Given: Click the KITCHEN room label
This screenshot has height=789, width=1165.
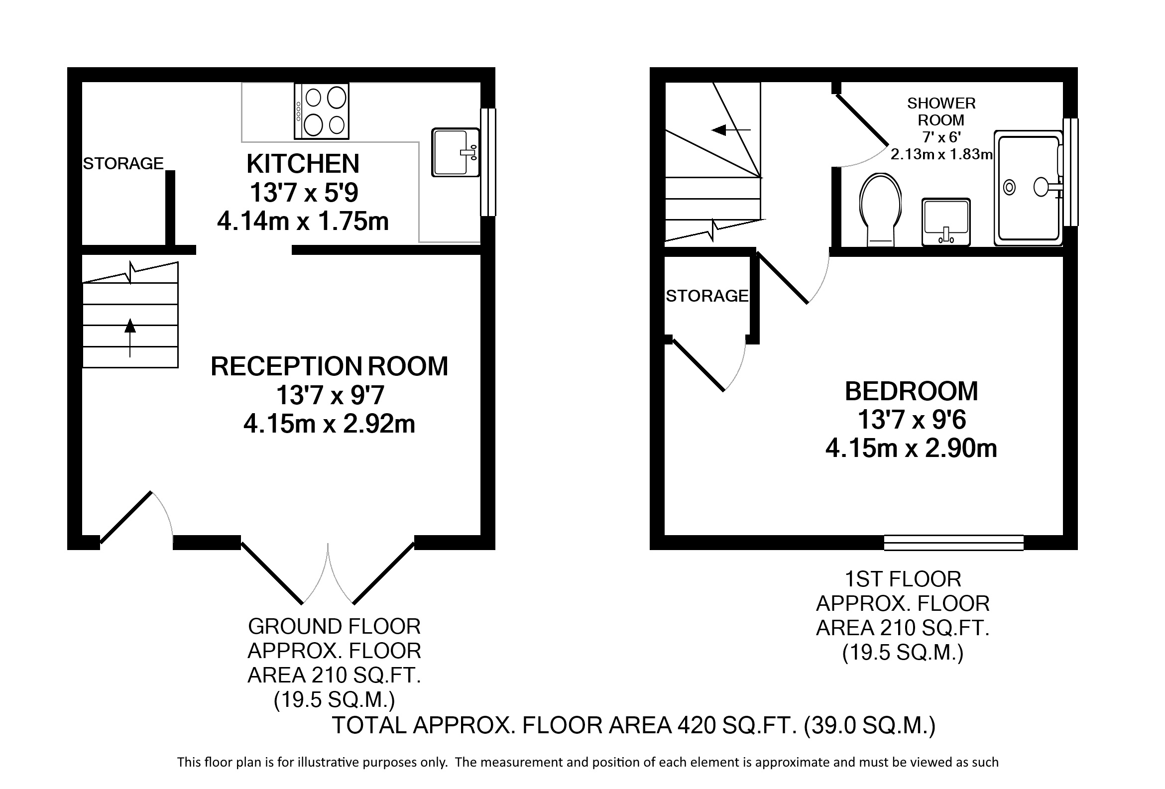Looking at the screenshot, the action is coord(303,163).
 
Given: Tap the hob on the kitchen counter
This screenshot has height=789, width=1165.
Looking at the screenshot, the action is coord(321,111).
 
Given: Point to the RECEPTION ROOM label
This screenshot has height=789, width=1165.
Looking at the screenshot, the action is coord(329,366).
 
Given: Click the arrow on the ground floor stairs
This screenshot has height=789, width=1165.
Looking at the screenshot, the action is coord(130,338).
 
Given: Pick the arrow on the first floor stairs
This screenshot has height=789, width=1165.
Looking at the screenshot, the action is coord(731,130).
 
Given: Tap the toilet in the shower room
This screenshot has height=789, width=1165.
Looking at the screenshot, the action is coord(880,210).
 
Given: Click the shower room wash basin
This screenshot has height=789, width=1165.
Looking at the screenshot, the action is coord(946,222).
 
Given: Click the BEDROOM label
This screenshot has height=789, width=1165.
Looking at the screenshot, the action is coord(912,391).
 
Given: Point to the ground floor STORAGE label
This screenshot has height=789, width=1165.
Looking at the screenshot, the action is coord(123,163).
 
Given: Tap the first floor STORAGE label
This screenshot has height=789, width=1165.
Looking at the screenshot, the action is coord(707,296).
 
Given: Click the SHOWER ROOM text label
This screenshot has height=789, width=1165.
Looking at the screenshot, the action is coord(941,112).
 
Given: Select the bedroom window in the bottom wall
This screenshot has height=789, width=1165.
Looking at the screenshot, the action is coord(953,543).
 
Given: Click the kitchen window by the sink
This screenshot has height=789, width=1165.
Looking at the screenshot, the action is coord(488,162).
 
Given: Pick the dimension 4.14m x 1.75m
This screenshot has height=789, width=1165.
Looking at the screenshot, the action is coord(303,221).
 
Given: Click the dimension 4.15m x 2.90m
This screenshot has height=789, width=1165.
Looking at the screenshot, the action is coord(912,448).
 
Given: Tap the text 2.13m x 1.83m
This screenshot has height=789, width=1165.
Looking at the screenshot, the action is coord(941,154).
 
